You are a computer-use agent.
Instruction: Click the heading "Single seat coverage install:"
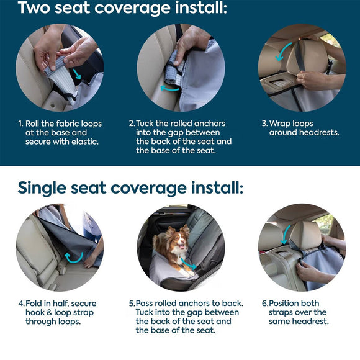click(x=130, y=187)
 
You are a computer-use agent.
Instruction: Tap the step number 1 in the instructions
click(x=20, y=124)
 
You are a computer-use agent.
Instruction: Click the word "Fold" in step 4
click(x=35, y=304)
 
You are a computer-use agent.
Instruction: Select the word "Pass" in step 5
click(x=146, y=304)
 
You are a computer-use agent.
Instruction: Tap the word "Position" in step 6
click(x=286, y=304)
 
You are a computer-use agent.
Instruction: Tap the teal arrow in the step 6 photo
click(x=286, y=234)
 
